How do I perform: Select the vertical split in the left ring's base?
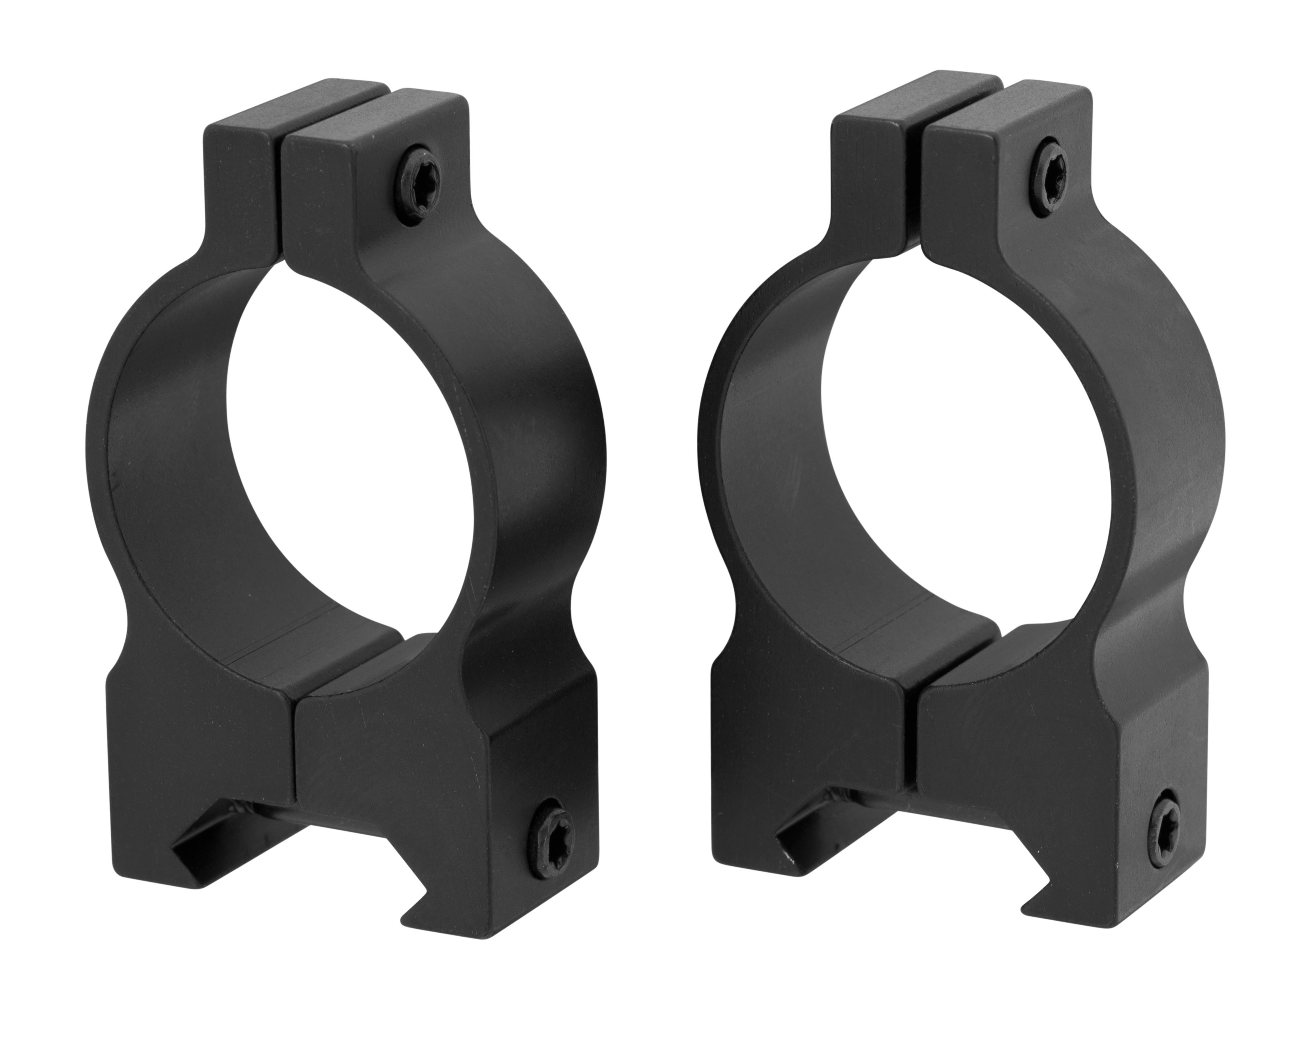pos(295,749)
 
